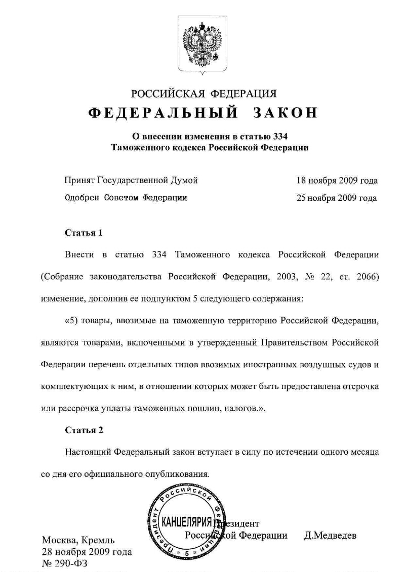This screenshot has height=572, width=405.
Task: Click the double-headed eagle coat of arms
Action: click(202, 46)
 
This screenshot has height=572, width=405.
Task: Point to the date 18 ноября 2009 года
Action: click(337, 180)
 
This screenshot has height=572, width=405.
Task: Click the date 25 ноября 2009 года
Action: click(337, 198)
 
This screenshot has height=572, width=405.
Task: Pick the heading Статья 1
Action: click(84, 233)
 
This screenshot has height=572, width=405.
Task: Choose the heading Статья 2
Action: click(84, 430)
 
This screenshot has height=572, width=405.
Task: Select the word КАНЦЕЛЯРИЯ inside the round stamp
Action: click(186, 521)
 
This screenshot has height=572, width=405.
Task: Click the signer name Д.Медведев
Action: click(330, 536)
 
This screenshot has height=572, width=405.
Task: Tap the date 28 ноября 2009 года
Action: click(87, 551)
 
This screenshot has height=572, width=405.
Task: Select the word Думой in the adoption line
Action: click(184, 180)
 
